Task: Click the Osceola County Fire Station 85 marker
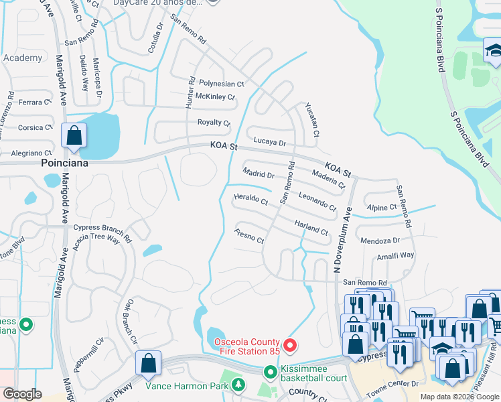pyautogui.click(x=290, y=346)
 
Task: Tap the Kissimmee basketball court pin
pyautogui.click(x=271, y=371)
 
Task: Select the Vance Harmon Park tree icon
pyautogui.click(x=238, y=385)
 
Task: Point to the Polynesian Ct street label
pyautogui.click(x=222, y=84)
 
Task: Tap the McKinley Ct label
pyautogui.click(x=217, y=97)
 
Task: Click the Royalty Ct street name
pyautogui.click(x=214, y=123)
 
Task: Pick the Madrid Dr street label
pyautogui.click(x=259, y=175)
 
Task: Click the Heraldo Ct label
pyautogui.click(x=250, y=199)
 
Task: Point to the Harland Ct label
pyautogui.click(x=311, y=227)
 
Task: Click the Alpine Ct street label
pyautogui.click(x=382, y=208)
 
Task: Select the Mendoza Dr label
pyautogui.click(x=380, y=240)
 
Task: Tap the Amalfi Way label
pyautogui.click(x=395, y=255)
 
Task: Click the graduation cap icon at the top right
pyautogui.click(x=494, y=51)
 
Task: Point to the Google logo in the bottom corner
pyautogui.click(x=22, y=394)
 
